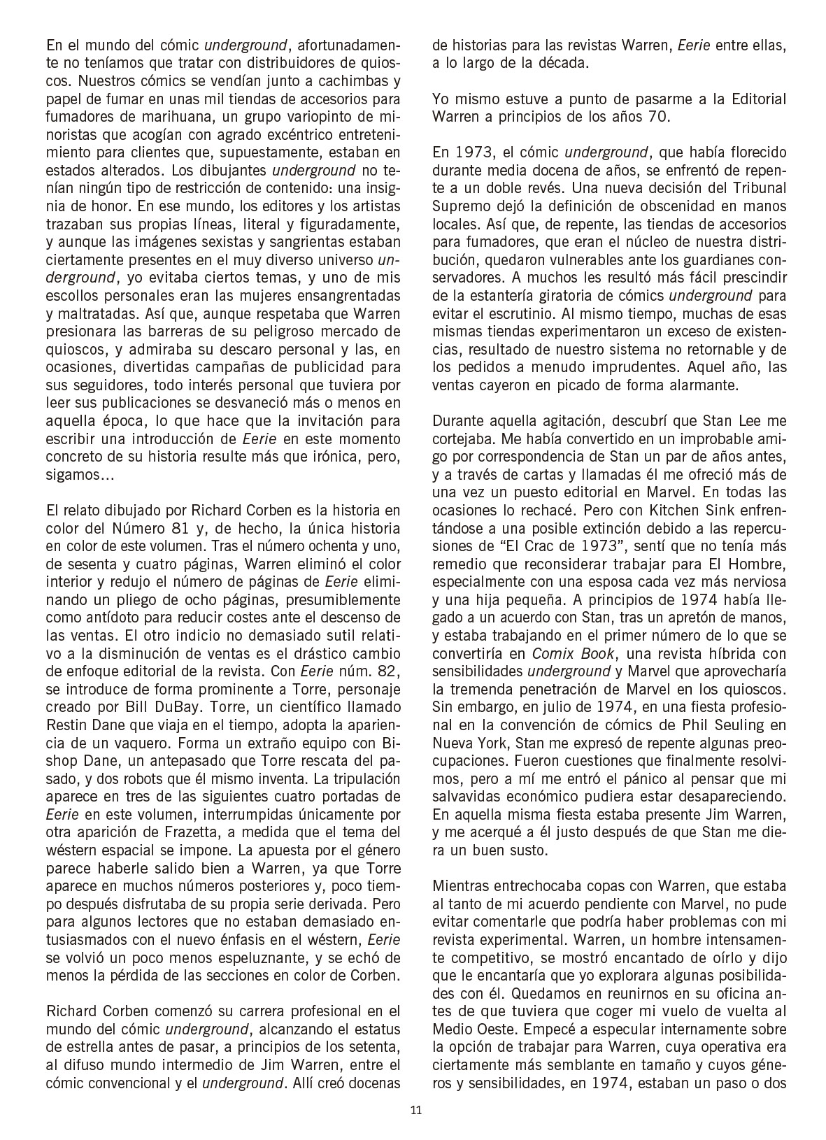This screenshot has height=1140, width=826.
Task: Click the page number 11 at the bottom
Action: click(416, 1110)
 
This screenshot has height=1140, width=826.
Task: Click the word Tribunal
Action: click(756, 187)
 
